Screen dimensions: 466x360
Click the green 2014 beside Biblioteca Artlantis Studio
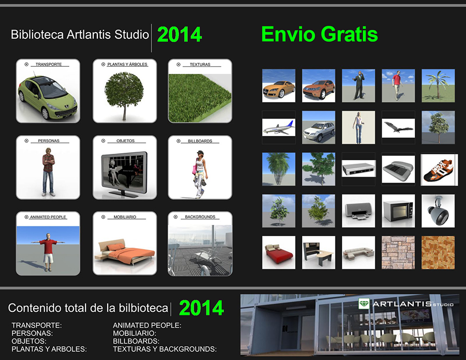(x=180, y=35)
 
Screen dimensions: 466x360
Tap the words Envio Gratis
(x=319, y=34)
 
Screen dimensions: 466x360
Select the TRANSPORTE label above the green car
(x=49, y=64)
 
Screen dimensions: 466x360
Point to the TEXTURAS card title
(x=200, y=65)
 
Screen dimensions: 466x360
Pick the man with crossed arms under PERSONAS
(x=49, y=172)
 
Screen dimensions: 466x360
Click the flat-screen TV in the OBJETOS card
(x=124, y=174)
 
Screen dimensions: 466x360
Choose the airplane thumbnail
(x=279, y=127)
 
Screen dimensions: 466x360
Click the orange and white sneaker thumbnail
(x=439, y=169)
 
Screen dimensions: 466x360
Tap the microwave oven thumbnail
(x=398, y=211)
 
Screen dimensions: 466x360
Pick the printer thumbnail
(x=358, y=211)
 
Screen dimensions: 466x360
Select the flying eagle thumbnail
(x=398, y=128)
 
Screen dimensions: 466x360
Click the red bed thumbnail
(x=279, y=253)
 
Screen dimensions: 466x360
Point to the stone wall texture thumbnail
(x=398, y=253)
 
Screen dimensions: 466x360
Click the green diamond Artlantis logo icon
(x=364, y=304)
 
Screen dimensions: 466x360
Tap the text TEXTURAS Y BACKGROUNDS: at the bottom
(x=165, y=349)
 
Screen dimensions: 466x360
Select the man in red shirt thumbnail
(x=398, y=85)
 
